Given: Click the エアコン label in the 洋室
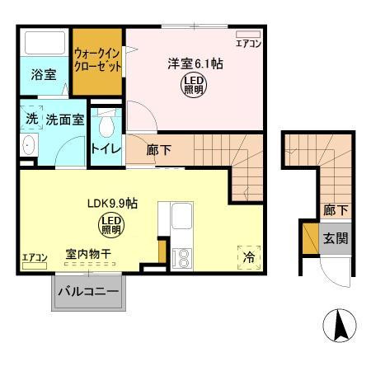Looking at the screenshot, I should coord(248,44).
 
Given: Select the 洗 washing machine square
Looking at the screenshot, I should coord(31,118).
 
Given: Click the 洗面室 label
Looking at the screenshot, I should coord(63,119).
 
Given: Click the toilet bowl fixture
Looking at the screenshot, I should coord(105,128).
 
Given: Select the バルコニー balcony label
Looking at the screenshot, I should coord(88,293).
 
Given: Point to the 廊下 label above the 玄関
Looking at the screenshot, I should coord(333,209).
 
